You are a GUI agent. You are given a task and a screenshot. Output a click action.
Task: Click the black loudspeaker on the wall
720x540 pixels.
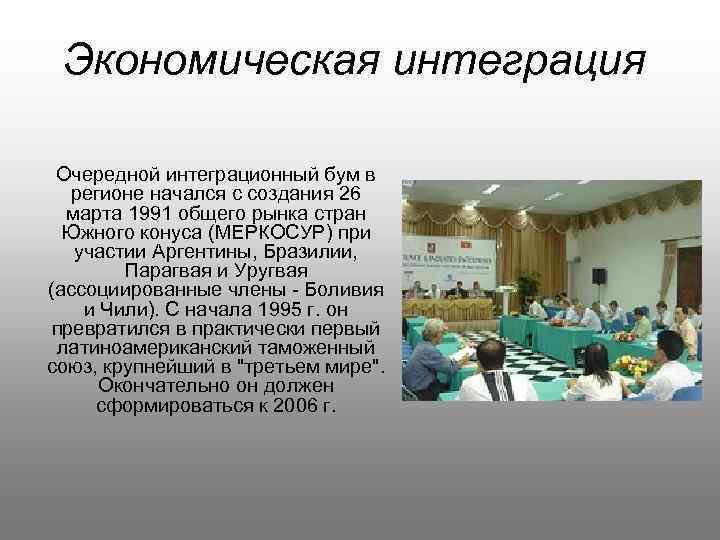(599, 274)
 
